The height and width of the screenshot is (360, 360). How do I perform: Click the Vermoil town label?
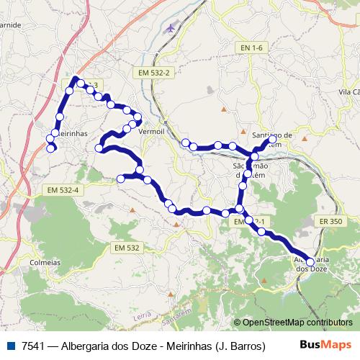click(151, 132)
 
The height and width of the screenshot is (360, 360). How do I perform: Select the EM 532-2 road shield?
click(152, 73)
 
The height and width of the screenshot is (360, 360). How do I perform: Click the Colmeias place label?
click(45, 263)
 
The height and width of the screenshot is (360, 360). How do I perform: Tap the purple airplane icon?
click(170, 28)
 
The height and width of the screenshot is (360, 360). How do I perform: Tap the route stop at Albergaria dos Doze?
click(310, 262)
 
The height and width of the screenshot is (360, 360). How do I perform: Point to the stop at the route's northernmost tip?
click(76, 78)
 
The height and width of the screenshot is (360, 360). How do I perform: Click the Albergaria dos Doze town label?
click(311, 264)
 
